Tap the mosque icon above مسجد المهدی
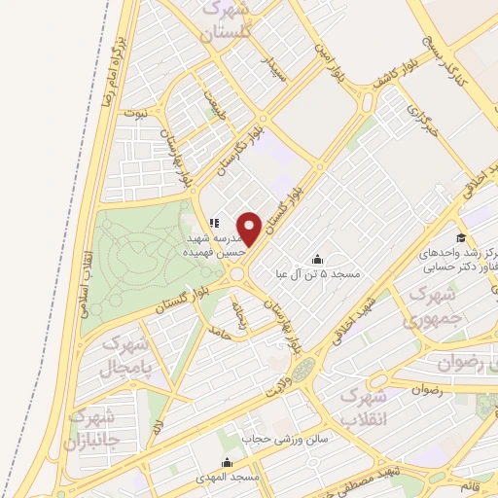pos(227,461)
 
